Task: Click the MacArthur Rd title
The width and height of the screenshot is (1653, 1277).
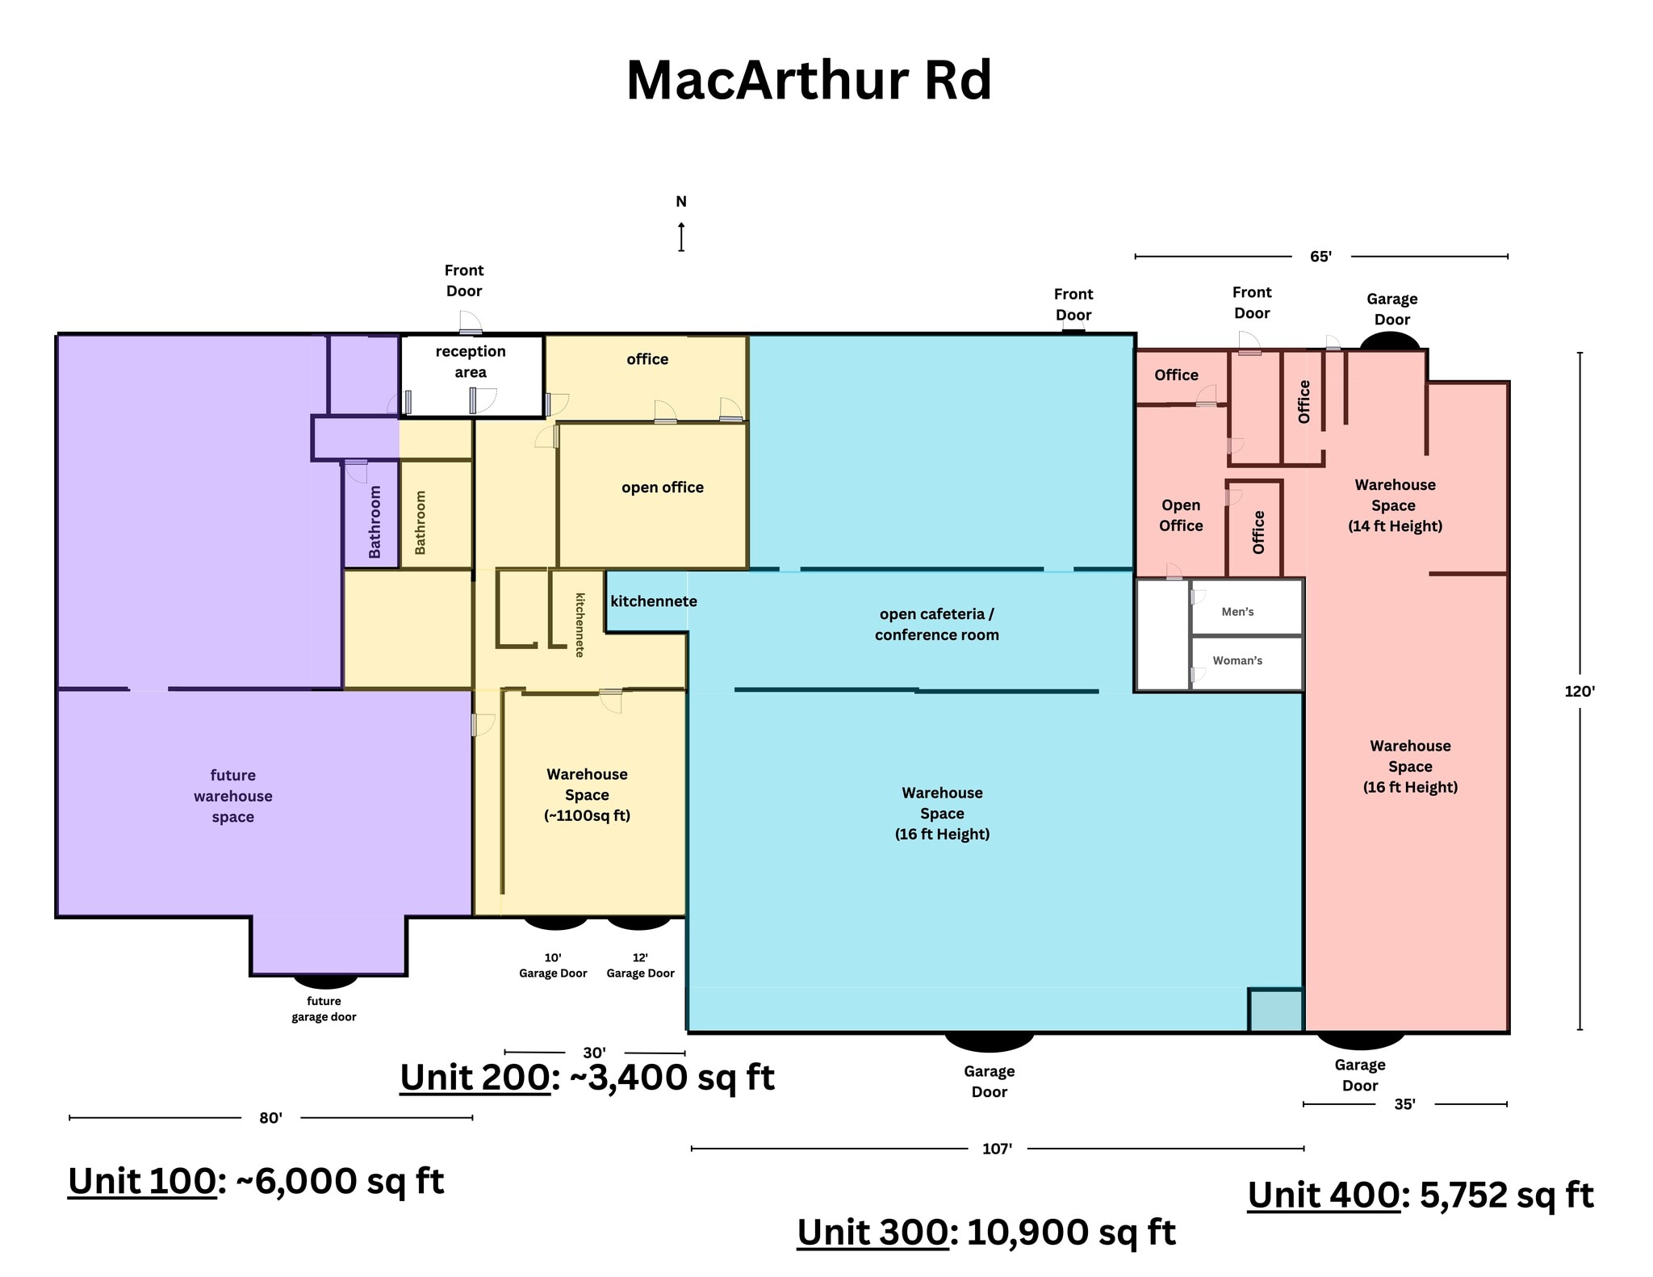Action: pos(809,81)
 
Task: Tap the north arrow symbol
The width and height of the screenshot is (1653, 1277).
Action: pos(681,237)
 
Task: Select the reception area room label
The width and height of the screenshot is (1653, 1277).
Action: pos(471,362)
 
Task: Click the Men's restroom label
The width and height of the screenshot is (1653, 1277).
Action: pos(1237,612)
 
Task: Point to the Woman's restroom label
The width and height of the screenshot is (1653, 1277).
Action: pos(1237,660)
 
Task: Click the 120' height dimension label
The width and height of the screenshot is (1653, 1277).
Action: pos(1580,691)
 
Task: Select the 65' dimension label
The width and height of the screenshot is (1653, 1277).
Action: pos(1320,257)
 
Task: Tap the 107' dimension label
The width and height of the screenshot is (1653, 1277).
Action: pos(997,1148)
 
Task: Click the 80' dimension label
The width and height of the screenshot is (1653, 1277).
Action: pos(270,1118)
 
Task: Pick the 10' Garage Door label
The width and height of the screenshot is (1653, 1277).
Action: pos(553,965)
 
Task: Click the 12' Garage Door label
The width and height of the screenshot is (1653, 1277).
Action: pos(640,965)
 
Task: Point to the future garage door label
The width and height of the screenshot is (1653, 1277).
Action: pos(324,1009)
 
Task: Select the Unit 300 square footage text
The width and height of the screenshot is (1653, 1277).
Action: pos(986,1232)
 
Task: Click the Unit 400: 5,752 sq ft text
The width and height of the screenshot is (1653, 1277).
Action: pos(1421,1195)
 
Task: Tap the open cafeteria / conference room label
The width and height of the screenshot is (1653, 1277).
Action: pos(936,624)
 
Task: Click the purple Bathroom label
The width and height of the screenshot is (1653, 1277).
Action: pos(375,521)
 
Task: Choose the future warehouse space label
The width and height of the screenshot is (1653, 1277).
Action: pos(233,796)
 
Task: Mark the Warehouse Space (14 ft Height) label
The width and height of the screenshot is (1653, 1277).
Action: pos(1395,505)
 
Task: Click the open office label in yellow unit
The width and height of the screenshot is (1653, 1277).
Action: pos(662,488)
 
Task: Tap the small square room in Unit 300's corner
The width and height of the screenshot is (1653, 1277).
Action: pos(1275,1010)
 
